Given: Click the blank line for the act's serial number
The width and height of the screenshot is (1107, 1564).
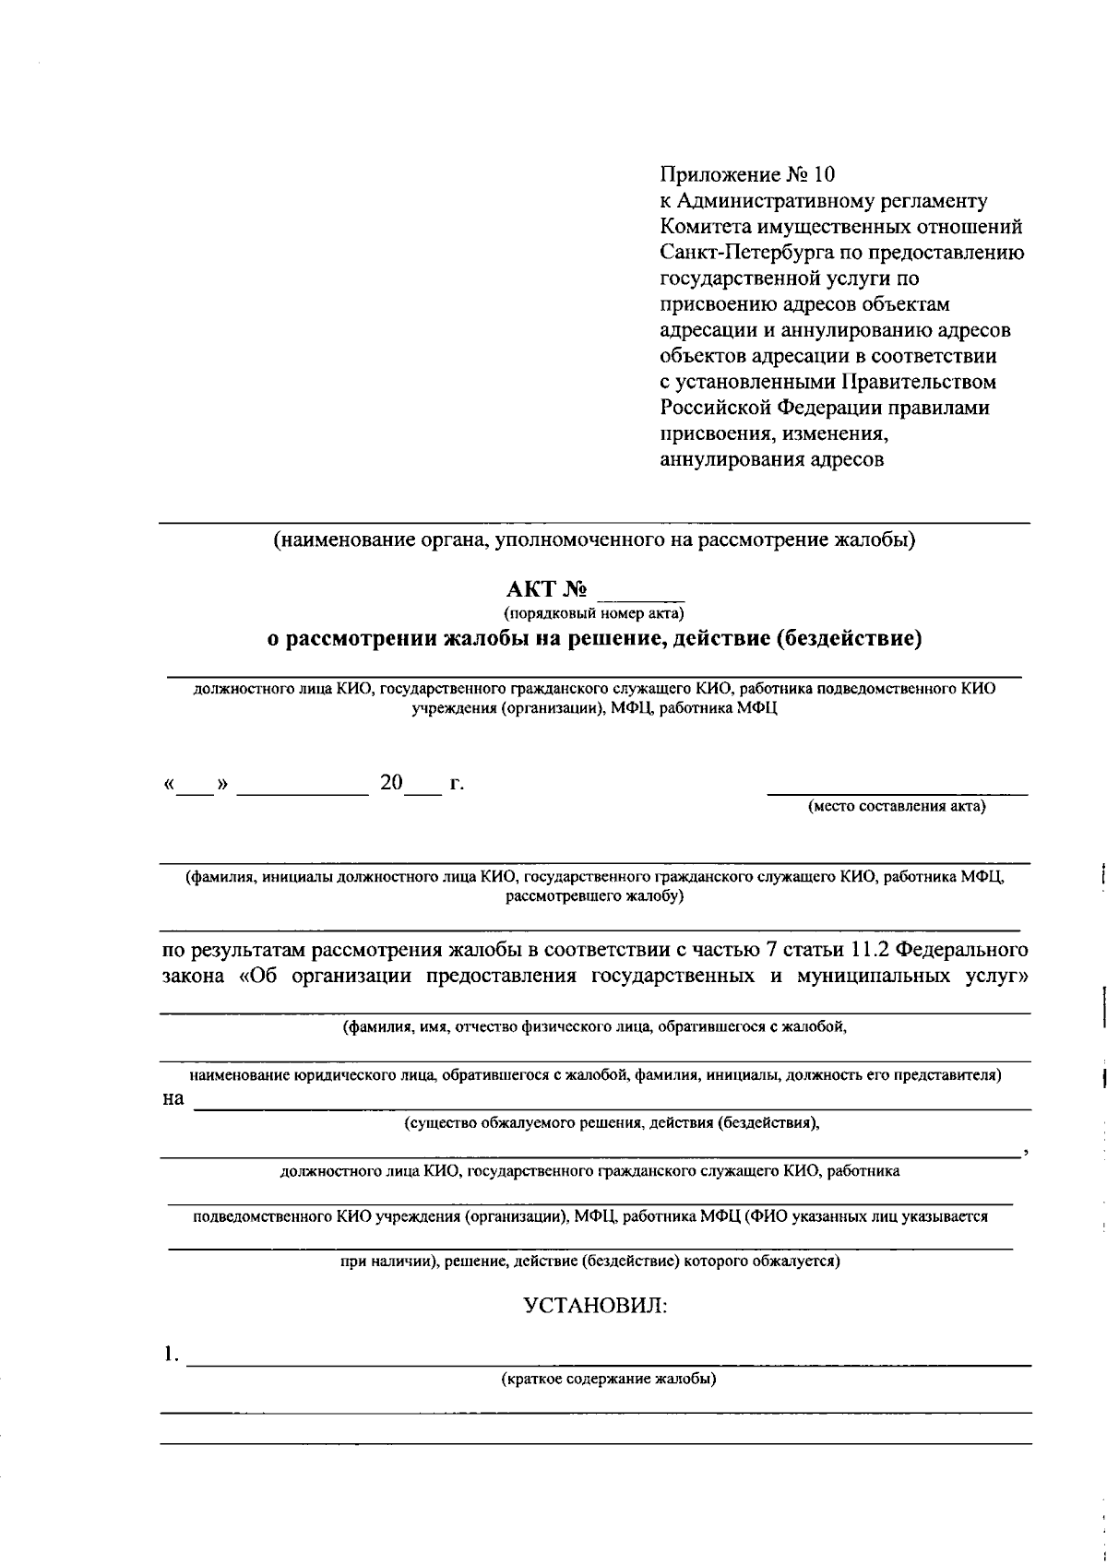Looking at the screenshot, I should (641, 595).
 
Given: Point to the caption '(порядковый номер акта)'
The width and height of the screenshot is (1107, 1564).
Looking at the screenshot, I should (593, 612).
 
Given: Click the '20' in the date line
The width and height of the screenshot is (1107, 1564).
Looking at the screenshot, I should (391, 784).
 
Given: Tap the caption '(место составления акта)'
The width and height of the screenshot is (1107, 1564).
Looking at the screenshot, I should (897, 808).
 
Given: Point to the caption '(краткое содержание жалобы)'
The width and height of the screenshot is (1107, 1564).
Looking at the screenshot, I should (609, 1380).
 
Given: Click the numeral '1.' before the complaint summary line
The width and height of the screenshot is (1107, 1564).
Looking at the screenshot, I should (169, 1355).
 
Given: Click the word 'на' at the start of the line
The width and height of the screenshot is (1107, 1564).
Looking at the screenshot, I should (173, 1099).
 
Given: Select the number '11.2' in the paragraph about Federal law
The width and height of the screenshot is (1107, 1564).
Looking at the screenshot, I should (869, 949).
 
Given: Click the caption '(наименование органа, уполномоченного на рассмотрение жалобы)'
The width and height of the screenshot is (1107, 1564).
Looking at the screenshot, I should (593, 540).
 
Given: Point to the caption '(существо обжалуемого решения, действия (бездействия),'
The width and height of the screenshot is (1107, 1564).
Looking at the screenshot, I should (613, 1123).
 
